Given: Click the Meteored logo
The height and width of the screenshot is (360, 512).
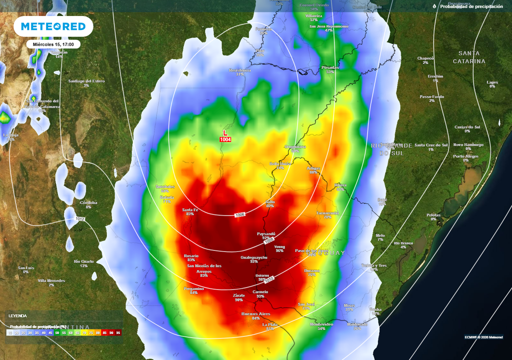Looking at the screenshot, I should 53,26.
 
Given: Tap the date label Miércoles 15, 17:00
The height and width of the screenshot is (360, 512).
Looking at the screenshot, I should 53,44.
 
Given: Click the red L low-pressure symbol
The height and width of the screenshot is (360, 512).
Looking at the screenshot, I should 225,132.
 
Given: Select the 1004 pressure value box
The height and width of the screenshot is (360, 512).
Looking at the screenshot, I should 225,139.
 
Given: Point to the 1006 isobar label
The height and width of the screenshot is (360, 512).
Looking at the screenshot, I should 240,215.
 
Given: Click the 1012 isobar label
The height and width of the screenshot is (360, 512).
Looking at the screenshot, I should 80,219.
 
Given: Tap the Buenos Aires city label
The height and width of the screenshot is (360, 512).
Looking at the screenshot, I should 256,313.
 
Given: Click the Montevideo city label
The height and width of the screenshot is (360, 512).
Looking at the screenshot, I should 321,324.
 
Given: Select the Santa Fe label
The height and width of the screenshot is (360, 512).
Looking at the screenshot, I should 190,209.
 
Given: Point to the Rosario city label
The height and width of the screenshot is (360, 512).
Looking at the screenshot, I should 191,255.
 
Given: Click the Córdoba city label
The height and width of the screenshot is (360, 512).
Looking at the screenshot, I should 88,202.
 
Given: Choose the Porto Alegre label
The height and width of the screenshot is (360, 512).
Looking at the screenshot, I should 465,156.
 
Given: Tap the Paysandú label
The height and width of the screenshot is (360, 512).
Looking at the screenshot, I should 266,233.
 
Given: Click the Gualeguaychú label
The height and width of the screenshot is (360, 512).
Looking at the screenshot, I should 254,257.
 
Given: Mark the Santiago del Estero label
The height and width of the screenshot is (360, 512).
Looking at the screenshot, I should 86,80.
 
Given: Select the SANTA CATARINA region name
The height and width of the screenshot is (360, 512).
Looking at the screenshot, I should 469,57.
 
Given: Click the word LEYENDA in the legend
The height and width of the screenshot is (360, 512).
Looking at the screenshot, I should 17,315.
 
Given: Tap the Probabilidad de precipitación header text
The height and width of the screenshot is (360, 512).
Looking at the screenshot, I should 471,6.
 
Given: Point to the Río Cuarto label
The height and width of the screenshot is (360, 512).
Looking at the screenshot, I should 83,261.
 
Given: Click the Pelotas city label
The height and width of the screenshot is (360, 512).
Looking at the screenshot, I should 433,215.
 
